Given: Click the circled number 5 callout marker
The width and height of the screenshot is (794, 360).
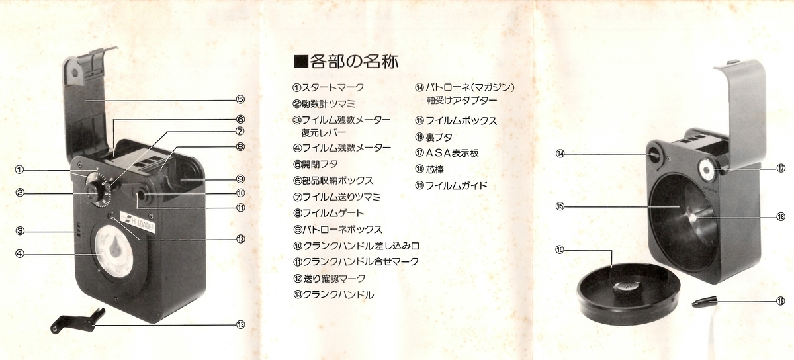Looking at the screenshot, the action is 241,100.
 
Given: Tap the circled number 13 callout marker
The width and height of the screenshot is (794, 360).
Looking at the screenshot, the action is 241,324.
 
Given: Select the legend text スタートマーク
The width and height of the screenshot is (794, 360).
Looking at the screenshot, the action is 328,87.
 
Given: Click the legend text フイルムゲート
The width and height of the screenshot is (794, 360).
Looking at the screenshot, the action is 328,213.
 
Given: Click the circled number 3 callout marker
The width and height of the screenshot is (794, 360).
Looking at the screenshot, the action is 21,231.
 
